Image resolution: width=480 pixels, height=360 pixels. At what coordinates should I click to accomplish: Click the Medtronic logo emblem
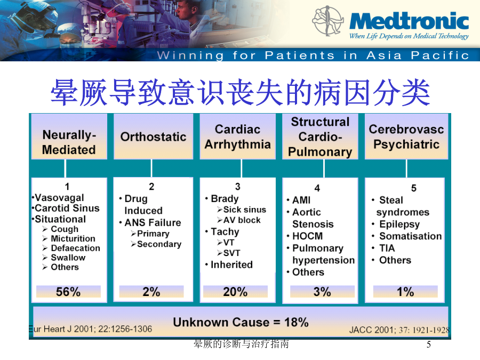tap(327, 21)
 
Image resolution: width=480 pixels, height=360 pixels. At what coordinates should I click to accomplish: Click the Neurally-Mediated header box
tap(69, 137)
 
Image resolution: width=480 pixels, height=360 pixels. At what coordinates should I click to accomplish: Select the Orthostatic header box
tap(154, 137)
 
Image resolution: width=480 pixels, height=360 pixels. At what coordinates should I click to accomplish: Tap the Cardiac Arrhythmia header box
tap(237, 137)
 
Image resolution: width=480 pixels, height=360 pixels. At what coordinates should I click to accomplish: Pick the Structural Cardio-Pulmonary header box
tap(320, 137)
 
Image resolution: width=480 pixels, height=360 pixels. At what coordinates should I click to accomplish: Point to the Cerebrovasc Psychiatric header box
tap(406, 137)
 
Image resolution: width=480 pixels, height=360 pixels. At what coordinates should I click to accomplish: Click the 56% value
tap(68, 292)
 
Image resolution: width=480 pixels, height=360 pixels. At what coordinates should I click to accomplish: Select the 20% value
tap(235, 292)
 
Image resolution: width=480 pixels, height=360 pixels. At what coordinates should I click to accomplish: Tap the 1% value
tap(405, 292)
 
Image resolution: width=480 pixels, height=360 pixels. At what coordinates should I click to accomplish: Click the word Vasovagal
tap(59, 198)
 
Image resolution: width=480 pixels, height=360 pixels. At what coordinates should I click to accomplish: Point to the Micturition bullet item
tap(73, 238)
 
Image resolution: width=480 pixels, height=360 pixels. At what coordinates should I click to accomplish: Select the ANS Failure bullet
tap(153, 222)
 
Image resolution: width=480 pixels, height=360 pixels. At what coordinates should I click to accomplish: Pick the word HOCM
tap(307, 236)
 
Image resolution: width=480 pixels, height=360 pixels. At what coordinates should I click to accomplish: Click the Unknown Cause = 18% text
tap(241, 322)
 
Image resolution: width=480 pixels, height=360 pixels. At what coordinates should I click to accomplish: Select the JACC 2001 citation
tap(399, 330)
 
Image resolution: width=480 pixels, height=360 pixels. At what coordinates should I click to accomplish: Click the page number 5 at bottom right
tap(429, 345)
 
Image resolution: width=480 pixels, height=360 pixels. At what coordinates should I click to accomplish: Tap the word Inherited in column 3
tap(232, 265)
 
